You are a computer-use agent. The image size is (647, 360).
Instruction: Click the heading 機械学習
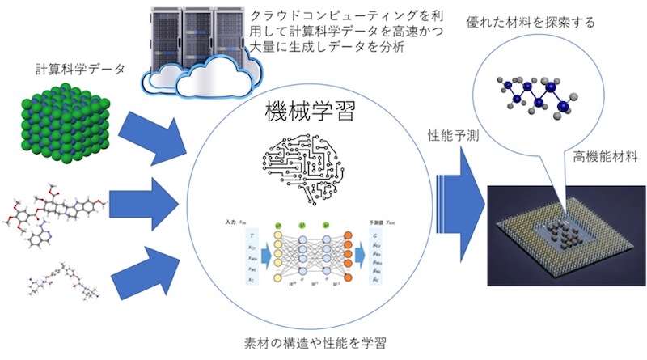[308, 111]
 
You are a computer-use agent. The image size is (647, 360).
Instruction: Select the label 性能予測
[456, 136]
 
